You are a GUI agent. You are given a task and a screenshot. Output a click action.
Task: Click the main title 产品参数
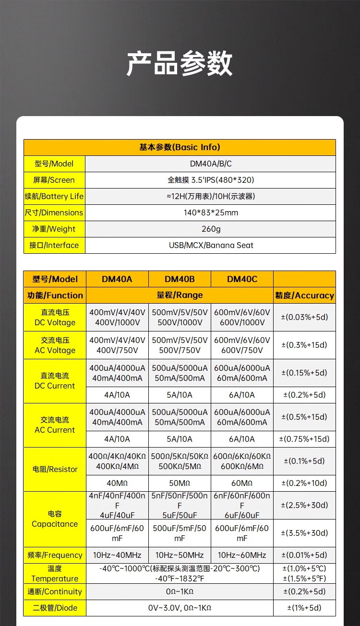click(180, 63)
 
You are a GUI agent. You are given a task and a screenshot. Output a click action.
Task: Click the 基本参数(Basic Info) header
click(180, 147)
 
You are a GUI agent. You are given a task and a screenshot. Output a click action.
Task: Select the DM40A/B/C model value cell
click(210, 164)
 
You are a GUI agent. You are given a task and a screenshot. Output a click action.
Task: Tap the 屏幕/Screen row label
click(55, 180)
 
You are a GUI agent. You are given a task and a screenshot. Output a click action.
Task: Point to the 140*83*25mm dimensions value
click(210, 213)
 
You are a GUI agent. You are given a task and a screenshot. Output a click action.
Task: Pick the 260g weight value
click(210, 229)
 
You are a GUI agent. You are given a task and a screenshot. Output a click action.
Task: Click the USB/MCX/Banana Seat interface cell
click(210, 245)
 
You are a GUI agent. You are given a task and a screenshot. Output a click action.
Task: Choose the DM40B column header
click(180, 279)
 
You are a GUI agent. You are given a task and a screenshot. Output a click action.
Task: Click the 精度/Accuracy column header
click(304, 295)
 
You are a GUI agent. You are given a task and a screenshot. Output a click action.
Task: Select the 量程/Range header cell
click(180, 295)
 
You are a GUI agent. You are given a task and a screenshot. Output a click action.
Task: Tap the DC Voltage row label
click(55, 317)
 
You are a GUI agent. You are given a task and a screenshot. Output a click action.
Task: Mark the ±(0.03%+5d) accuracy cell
click(304, 317)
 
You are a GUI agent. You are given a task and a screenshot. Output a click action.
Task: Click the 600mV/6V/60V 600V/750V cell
click(242, 345)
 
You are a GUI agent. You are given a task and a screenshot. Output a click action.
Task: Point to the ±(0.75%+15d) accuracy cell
click(304, 439)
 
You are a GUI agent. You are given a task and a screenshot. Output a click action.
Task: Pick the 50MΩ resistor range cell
click(180, 483)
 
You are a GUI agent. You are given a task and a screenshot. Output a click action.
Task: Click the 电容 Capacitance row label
click(55, 519)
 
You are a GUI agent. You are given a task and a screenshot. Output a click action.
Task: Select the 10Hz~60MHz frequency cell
click(242, 555)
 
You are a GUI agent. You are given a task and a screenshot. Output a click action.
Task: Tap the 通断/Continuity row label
click(55, 591)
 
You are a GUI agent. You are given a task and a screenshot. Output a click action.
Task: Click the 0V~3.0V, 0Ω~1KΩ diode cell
click(180, 608)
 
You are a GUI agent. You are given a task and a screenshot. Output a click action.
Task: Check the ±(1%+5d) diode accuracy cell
click(304, 608)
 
